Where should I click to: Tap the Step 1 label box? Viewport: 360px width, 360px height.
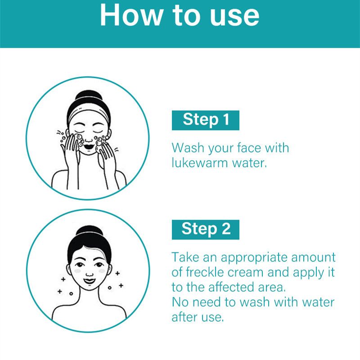click(206, 120)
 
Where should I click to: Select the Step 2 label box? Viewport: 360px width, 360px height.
click(206, 229)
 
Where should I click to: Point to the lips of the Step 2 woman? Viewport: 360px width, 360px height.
click(89, 282)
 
